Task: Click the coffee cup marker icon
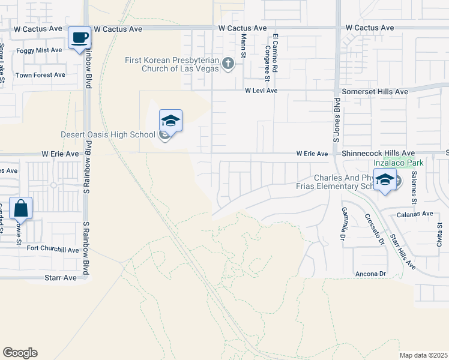click(x=80, y=38)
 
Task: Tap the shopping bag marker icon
click(x=20, y=209)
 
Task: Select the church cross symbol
click(x=228, y=64)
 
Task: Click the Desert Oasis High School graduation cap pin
click(x=170, y=121)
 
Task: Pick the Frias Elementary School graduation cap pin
click(x=385, y=179)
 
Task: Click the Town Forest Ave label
click(x=40, y=75)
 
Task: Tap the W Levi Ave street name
click(x=261, y=91)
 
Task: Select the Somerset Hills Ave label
click(x=375, y=91)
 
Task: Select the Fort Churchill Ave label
click(x=53, y=250)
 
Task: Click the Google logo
click(x=20, y=353)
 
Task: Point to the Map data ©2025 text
click(x=423, y=355)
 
